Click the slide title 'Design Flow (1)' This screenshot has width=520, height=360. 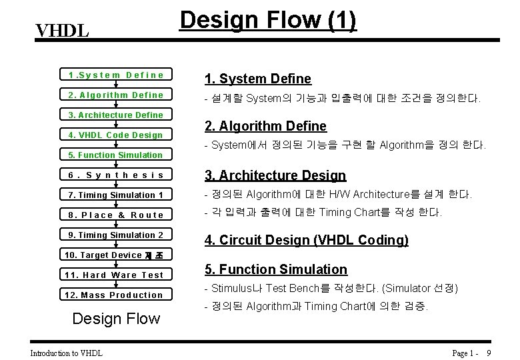pos(269,21)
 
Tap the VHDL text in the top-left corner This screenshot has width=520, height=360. pos(62,31)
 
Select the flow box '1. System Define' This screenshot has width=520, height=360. pos(116,75)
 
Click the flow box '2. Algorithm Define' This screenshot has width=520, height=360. pos(116,95)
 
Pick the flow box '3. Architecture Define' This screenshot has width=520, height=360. pos(116,115)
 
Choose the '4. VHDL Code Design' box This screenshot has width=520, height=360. pos(116,135)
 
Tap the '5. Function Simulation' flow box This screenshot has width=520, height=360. pos(116,155)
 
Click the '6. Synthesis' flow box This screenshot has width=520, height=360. pos(116,175)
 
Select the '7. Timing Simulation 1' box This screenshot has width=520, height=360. pos(116,195)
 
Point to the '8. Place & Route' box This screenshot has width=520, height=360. pos(116,215)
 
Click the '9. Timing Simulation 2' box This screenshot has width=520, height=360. pos(116,235)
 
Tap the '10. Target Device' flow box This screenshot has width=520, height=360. pos(116,255)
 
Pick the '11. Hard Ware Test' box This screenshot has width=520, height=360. pos(116,275)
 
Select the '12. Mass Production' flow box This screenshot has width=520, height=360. pos(116,295)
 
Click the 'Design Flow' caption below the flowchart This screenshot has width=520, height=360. pos(116,318)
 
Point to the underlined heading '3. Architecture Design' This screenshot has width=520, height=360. pos(275,175)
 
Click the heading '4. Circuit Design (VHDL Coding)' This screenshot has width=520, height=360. pos(307,239)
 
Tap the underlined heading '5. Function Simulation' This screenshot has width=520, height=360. pos(276,269)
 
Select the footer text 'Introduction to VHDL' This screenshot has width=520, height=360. pos(67,353)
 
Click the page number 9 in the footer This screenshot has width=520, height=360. pos(489,353)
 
